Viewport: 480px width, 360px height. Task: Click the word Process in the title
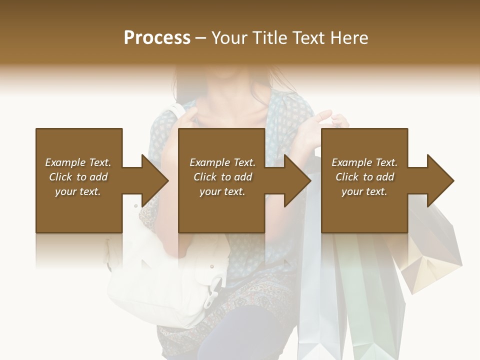point(157,38)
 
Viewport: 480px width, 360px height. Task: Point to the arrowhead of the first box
point(155,180)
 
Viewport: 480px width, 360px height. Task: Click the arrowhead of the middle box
point(297,180)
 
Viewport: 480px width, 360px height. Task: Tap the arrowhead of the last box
point(440,180)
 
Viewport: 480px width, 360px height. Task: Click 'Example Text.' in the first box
point(78,162)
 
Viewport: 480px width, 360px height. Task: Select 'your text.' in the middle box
point(222,191)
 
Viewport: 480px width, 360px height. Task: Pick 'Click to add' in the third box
point(365,177)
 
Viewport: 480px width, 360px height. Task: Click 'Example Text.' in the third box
point(364,162)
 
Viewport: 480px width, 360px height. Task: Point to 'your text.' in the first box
point(78,191)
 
